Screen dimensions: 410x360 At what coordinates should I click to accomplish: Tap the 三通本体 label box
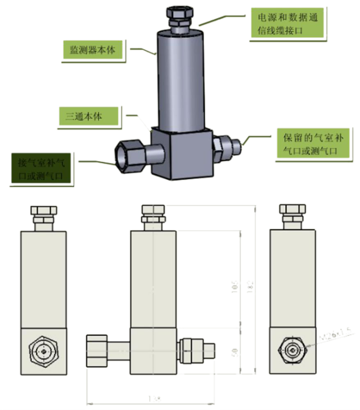tap(89, 116)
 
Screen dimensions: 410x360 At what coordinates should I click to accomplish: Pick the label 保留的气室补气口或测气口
tap(313, 144)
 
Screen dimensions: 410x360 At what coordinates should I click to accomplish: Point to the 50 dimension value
tap(234, 352)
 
